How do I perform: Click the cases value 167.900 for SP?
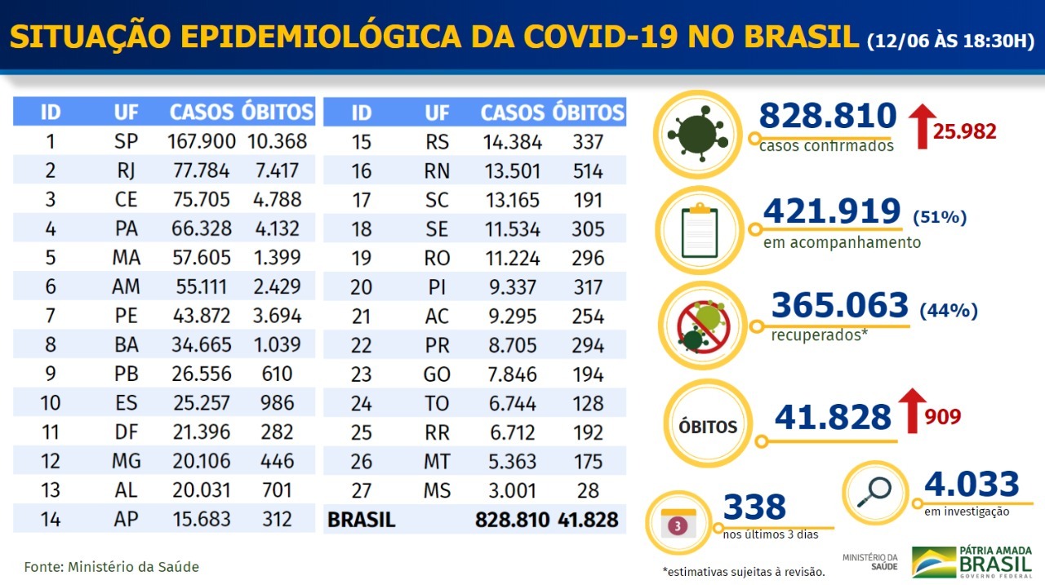[202, 141]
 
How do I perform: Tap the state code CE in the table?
[126, 200]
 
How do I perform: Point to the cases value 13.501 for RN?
[513, 171]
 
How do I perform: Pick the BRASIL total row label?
[361, 520]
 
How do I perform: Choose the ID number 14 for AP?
[50, 519]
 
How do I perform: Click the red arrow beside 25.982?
[923, 126]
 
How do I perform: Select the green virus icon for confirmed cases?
[695, 134]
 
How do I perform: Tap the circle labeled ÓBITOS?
[707, 425]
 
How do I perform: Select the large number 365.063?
[839, 305]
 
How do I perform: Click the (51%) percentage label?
[940, 217]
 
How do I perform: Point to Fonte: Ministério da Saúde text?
[112, 566]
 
